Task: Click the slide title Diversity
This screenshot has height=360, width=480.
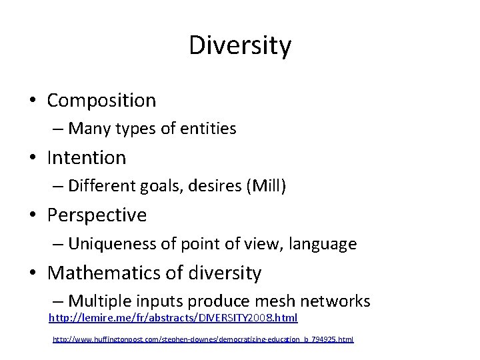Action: (240, 45)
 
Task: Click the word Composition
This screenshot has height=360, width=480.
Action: (101, 101)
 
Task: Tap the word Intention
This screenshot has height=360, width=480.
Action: (87, 158)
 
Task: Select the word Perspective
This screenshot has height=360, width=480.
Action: (97, 215)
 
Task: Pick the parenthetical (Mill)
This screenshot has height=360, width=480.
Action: (266, 186)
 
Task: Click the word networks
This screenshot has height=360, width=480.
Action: (339, 301)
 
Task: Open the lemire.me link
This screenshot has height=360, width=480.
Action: (173, 318)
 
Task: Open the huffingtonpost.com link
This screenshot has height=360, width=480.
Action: (203, 339)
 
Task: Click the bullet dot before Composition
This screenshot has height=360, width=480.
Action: (33, 101)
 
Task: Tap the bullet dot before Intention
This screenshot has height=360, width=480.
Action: (33, 159)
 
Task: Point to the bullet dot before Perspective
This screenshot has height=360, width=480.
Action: (33, 216)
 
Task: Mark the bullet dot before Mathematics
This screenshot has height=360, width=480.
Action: (33, 273)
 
